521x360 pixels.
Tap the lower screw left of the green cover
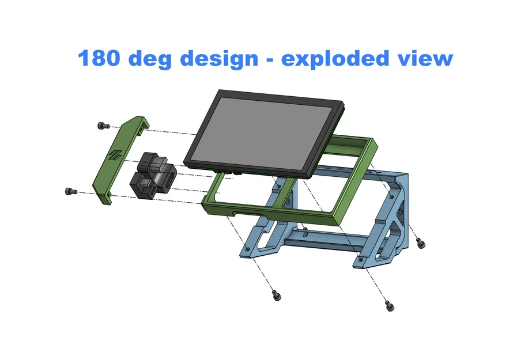pyautogui.click(x=69, y=191)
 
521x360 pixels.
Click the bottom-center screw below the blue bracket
pyautogui.click(x=276, y=295)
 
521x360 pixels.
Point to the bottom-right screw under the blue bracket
pyautogui.click(x=390, y=305)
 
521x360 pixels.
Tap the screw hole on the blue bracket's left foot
pyautogui.click(x=247, y=250)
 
